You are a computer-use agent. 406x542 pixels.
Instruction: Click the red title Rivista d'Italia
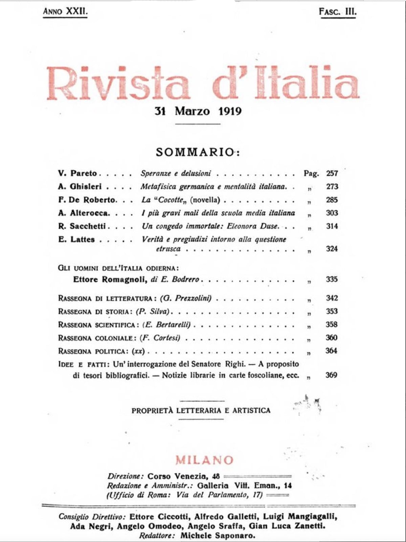203,83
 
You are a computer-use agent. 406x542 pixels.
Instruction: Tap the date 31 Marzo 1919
198,111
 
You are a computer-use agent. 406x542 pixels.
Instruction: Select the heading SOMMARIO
198,152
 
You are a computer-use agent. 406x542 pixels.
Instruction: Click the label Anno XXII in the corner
65,12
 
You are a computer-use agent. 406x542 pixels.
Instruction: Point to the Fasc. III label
338,12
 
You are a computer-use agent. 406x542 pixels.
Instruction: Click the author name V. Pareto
77,173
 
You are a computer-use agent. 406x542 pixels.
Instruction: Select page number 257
332,173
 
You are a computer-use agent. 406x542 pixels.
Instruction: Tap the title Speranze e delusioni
176,173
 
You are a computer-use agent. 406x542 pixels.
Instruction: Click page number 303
332,213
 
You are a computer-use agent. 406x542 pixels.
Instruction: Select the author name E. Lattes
76,239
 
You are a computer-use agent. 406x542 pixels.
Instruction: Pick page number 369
331,375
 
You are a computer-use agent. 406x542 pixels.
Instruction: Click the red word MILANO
204,460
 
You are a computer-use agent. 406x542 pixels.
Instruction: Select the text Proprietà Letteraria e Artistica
201,411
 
